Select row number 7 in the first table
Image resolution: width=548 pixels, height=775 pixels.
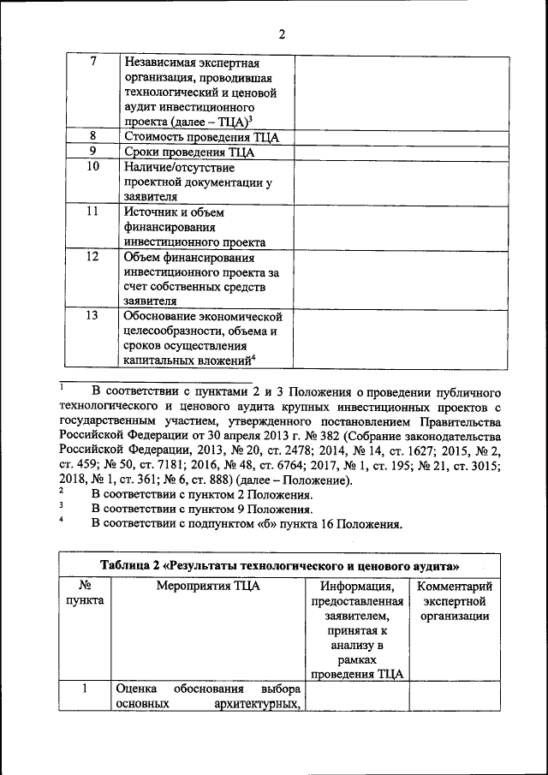pyautogui.click(x=92, y=63)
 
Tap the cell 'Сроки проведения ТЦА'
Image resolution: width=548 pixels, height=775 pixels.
pyautogui.click(x=190, y=152)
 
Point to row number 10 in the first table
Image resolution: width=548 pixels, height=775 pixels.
pyautogui.click(x=92, y=167)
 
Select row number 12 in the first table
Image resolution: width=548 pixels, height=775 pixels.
pyautogui.click(x=92, y=257)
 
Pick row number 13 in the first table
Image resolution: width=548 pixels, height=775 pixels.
pyautogui.click(x=92, y=316)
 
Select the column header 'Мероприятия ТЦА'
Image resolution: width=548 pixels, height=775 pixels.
pyautogui.click(x=208, y=587)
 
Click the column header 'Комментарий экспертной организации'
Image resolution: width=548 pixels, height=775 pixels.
pyautogui.click(x=454, y=601)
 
